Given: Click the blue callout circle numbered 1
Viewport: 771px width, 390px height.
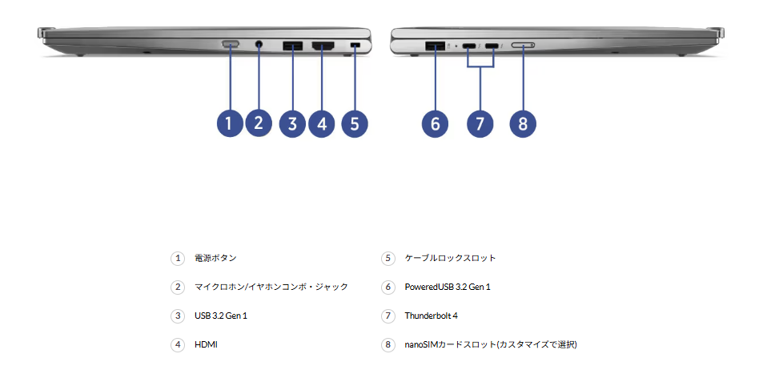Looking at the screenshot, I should (229, 123).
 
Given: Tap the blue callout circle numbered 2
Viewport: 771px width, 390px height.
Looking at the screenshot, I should (258, 123).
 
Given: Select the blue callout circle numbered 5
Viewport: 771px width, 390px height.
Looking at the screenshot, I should (354, 123).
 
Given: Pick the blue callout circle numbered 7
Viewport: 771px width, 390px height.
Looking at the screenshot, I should (480, 123).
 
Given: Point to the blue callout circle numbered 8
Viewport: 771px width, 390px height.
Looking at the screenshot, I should (523, 123).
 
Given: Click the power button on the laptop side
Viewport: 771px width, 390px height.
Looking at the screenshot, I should (231, 44).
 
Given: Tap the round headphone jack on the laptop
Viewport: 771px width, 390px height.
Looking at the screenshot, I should (259, 44).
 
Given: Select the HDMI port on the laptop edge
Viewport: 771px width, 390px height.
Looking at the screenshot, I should (322, 46).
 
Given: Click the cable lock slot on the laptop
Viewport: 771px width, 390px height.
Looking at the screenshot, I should (355, 46).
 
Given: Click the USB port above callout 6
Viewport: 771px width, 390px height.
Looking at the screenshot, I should (436, 46).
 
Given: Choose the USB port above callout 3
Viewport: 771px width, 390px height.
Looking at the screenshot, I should (292, 46).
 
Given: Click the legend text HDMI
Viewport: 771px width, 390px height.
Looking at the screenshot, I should (206, 344).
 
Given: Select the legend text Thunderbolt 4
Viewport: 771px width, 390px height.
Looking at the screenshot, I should (431, 316).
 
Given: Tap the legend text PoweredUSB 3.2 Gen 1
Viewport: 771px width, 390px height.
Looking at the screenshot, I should (448, 287).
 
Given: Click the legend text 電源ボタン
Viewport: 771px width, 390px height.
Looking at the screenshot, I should (215, 258).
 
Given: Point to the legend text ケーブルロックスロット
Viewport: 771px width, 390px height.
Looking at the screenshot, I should (450, 258).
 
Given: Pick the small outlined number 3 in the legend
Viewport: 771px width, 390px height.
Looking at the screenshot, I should (177, 316).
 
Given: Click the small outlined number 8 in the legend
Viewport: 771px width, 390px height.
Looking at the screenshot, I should (388, 344).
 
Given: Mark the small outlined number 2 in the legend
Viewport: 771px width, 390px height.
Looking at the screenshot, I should (177, 287).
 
